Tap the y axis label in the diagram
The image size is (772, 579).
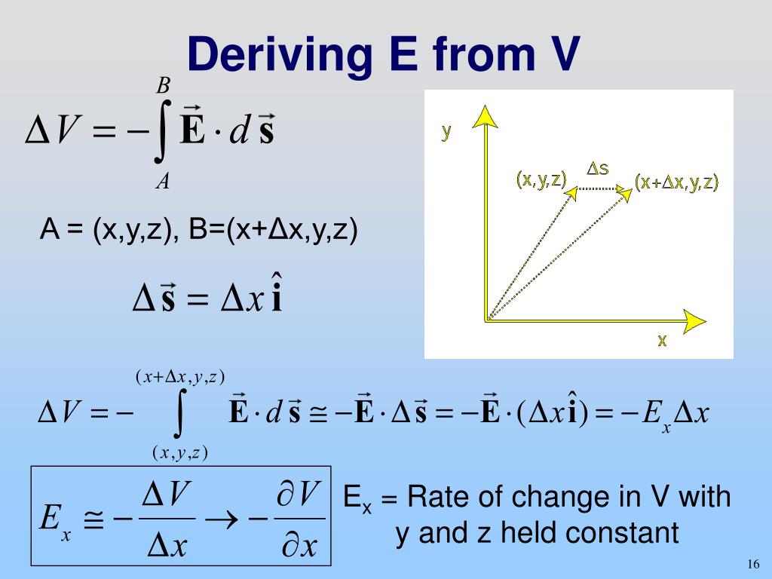pyautogui.click(x=446, y=132)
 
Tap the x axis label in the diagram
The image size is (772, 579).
pyautogui.click(x=662, y=340)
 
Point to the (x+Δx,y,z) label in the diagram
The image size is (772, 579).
pyautogui.click(x=676, y=182)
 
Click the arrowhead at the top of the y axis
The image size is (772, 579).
pyautogui.click(x=485, y=115)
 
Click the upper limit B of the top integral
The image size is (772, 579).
pyautogui.click(x=163, y=86)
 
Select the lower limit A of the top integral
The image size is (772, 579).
pyautogui.click(x=162, y=182)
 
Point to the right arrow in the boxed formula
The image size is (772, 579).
pyautogui.click(x=227, y=519)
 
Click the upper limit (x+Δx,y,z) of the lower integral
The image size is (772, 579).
pyautogui.click(x=180, y=376)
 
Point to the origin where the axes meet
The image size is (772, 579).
pyautogui.click(x=488, y=319)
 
